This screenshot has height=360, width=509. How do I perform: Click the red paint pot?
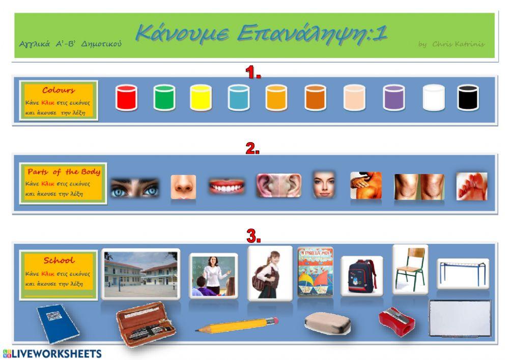tap(126, 98)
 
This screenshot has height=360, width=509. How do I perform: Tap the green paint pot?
tap(164, 98)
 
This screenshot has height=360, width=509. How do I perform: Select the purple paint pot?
tap(393, 98)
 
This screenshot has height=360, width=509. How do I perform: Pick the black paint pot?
tap(468, 98)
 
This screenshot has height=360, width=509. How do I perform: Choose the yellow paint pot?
tap(201, 98)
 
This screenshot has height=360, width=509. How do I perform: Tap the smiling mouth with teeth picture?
tap(227, 186)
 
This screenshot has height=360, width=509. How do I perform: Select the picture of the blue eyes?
tap(135, 187)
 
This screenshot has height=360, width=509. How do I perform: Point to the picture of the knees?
tap(419, 187)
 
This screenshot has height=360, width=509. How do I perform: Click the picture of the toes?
tap(471, 186)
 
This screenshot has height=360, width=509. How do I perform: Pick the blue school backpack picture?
tap(359, 275)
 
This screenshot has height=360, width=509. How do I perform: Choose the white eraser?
tap(327, 322)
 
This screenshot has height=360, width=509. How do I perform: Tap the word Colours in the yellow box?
tap(59, 91)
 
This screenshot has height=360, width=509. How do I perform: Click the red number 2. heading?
tap(253, 149)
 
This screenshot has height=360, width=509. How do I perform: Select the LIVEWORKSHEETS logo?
tap(52, 353)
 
